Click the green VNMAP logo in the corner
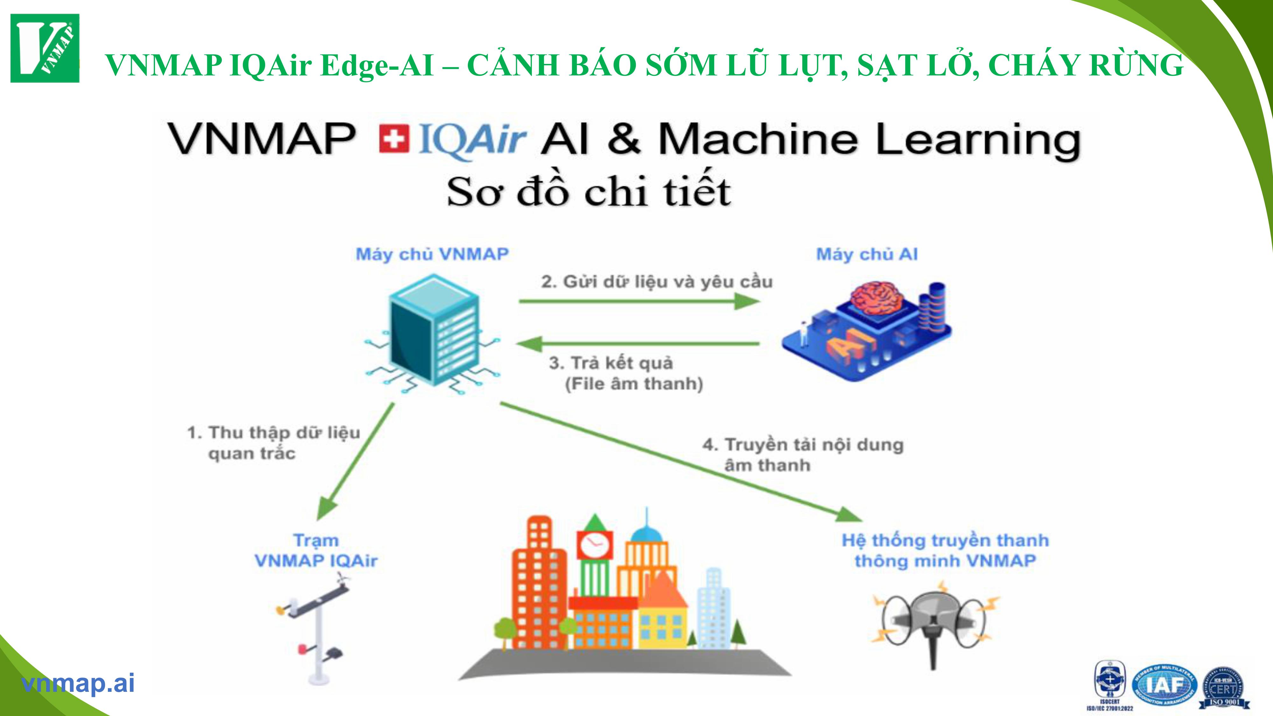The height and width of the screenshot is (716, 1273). coord(45,48)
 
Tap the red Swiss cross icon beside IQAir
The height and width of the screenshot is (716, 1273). coord(394,139)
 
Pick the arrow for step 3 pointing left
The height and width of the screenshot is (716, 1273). coord(637,343)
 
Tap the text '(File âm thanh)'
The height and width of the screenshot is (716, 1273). coord(634,384)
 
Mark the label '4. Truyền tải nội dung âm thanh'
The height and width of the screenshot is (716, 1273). coord(803,455)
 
